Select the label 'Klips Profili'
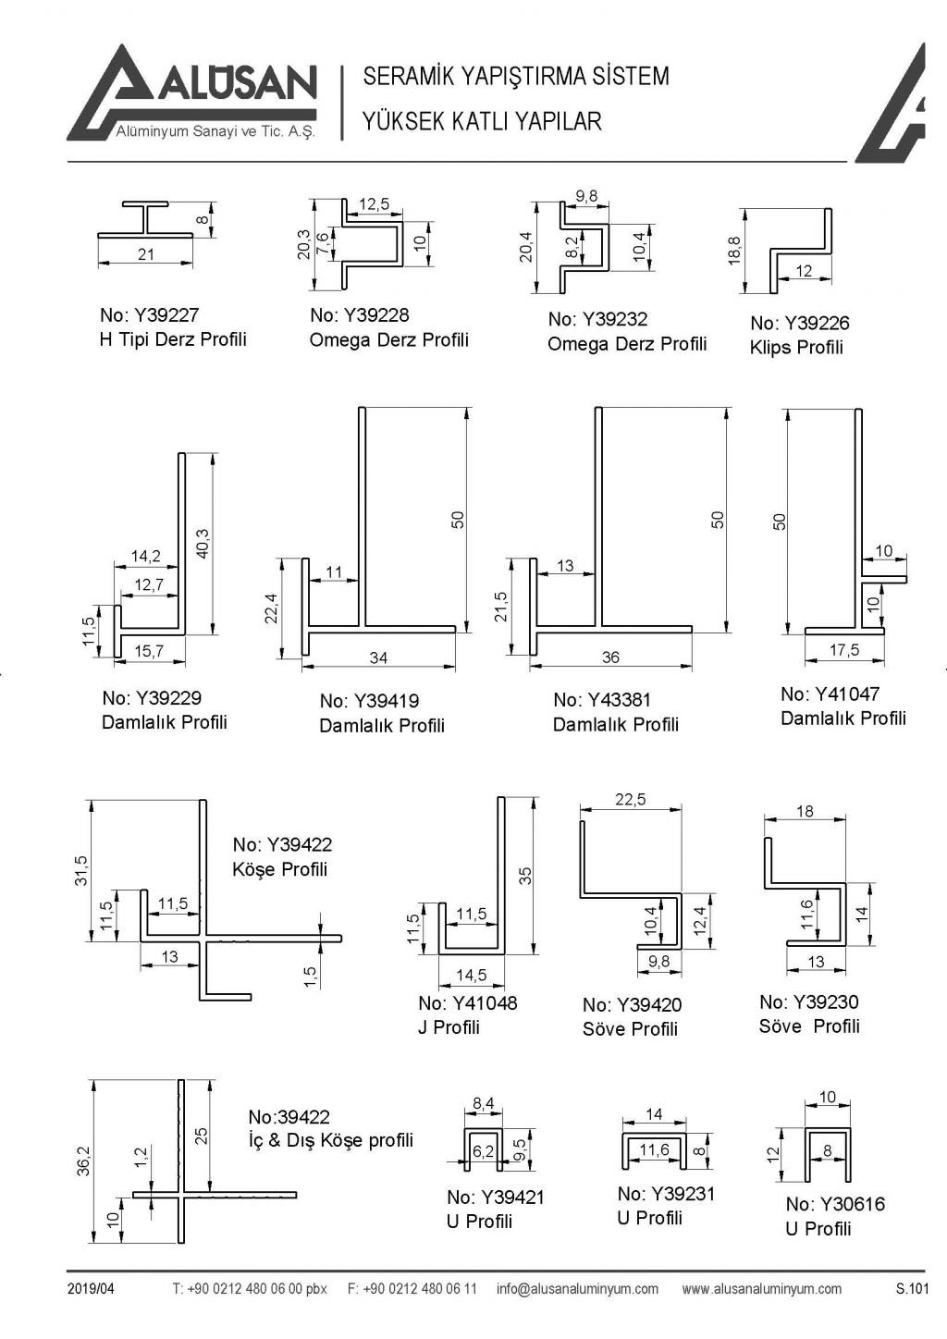pyautogui.click(x=796, y=348)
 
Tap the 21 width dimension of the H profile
pyautogui.click(x=146, y=254)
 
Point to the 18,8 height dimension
pyautogui.click(x=734, y=252)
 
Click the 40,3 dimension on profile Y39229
pyautogui.click(x=203, y=543)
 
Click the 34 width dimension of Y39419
pyautogui.click(x=378, y=657)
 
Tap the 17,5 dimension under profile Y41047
pyautogui.click(x=843, y=650)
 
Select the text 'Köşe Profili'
pyautogui.click(x=279, y=869)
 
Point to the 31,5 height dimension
pyautogui.click(x=81, y=871)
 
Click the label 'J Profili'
pyautogui.click(x=449, y=1027)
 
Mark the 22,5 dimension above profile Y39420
pyautogui.click(x=631, y=800)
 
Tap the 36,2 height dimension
pyautogui.click(x=82, y=1161)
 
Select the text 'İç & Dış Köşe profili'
pyautogui.click(x=330, y=1140)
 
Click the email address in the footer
pyautogui.click(x=577, y=1289)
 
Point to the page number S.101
pyautogui.click(x=911, y=1289)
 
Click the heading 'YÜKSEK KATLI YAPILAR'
pyautogui.click(x=482, y=121)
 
